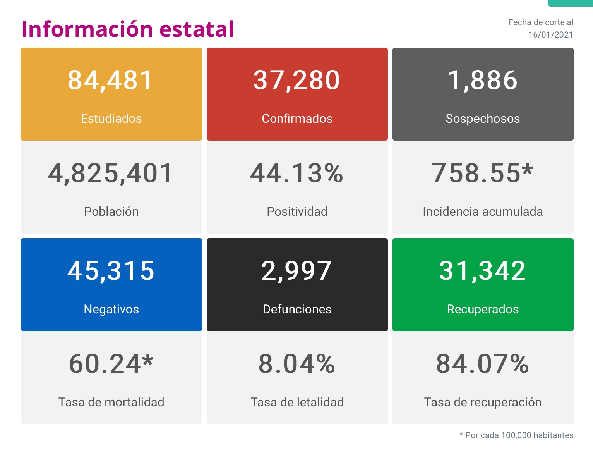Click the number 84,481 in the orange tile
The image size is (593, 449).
(111, 80)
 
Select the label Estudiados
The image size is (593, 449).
(111, 119)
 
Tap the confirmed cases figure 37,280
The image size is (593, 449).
(297, 80)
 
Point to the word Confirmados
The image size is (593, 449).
(297, 119)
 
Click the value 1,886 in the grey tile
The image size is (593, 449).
(483, 80)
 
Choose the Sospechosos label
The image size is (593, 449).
(483, 119)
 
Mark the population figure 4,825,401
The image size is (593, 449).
(111, 173)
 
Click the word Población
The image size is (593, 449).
(111, 212)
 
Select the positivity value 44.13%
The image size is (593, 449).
(297, 173)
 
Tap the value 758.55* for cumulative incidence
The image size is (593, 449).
(483, 173)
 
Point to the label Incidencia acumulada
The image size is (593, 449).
(483, 212)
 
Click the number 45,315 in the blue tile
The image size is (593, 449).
(111, 270)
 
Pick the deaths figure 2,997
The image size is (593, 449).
(297, 270)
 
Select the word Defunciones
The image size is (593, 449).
(297, 309)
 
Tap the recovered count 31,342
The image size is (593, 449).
(483, 270)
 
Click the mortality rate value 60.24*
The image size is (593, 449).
(111, 364)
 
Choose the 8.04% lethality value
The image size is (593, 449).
(297, 364)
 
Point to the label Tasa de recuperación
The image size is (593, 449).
(483, 402)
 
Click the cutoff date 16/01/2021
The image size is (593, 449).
(550, 35)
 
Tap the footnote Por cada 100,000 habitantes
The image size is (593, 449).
(519, 435)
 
